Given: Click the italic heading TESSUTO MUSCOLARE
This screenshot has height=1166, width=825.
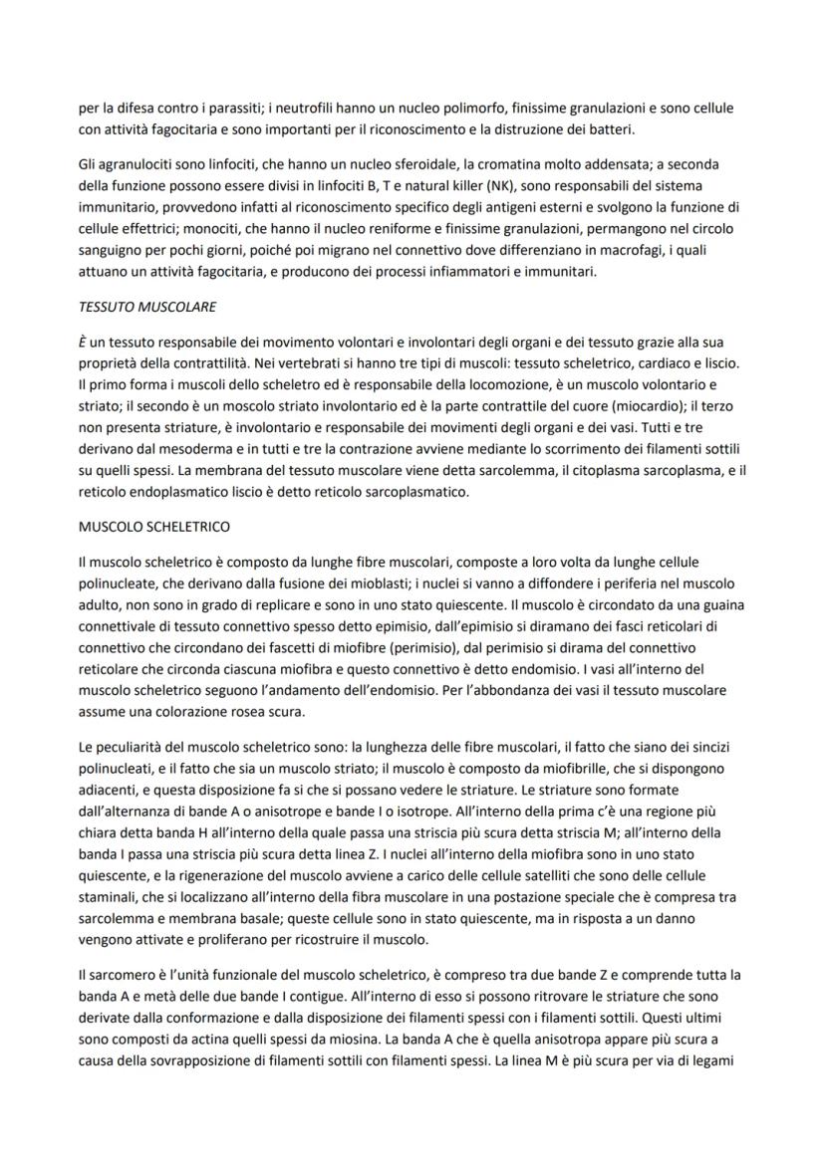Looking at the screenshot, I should point(147,308).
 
